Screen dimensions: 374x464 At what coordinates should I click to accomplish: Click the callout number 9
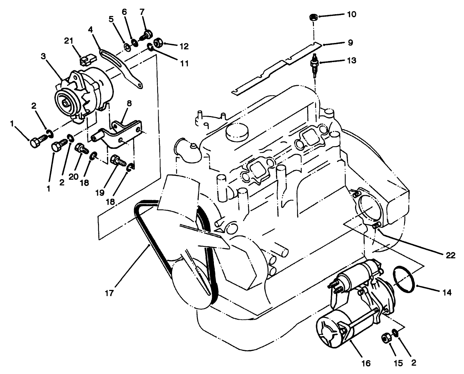[350, 43]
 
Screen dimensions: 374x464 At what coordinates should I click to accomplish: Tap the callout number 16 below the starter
[366, 363]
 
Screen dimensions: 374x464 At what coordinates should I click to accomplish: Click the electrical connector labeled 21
[86, 61]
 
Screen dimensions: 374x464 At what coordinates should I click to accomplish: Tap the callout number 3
[43, 56]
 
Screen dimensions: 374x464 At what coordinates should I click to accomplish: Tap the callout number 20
[74, 177]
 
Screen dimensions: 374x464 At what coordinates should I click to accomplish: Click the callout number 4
[91, 30]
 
